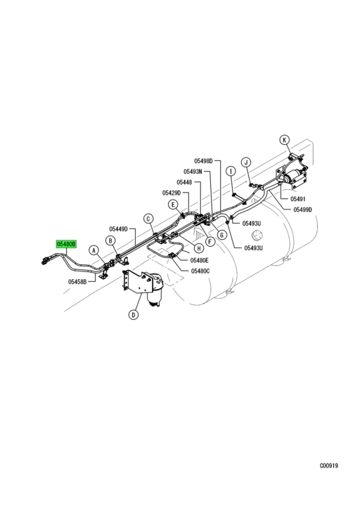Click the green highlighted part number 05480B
tap(66, 244)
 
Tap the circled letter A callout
tap(94, 250)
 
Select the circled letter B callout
tap(110, 240)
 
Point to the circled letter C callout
tap(148, 219)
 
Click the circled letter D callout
tap(134, 314)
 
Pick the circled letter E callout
tap(173, 205)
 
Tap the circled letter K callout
tap(284, 140)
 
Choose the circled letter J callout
tap(246, 162)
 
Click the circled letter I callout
tap(231, 171)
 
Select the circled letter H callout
tap(198, 248)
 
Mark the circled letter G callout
tap(221, 235)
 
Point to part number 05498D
tap(203, 161)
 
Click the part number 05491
tap(297, 199)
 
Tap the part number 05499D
tap(302, 210)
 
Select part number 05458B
tap(77, 282)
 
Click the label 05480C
tap(200, 271)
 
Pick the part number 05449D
tap(119, 229)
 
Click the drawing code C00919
tap(329, 466)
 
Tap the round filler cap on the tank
tap(258, 236)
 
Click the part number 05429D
tap(172, 193)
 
